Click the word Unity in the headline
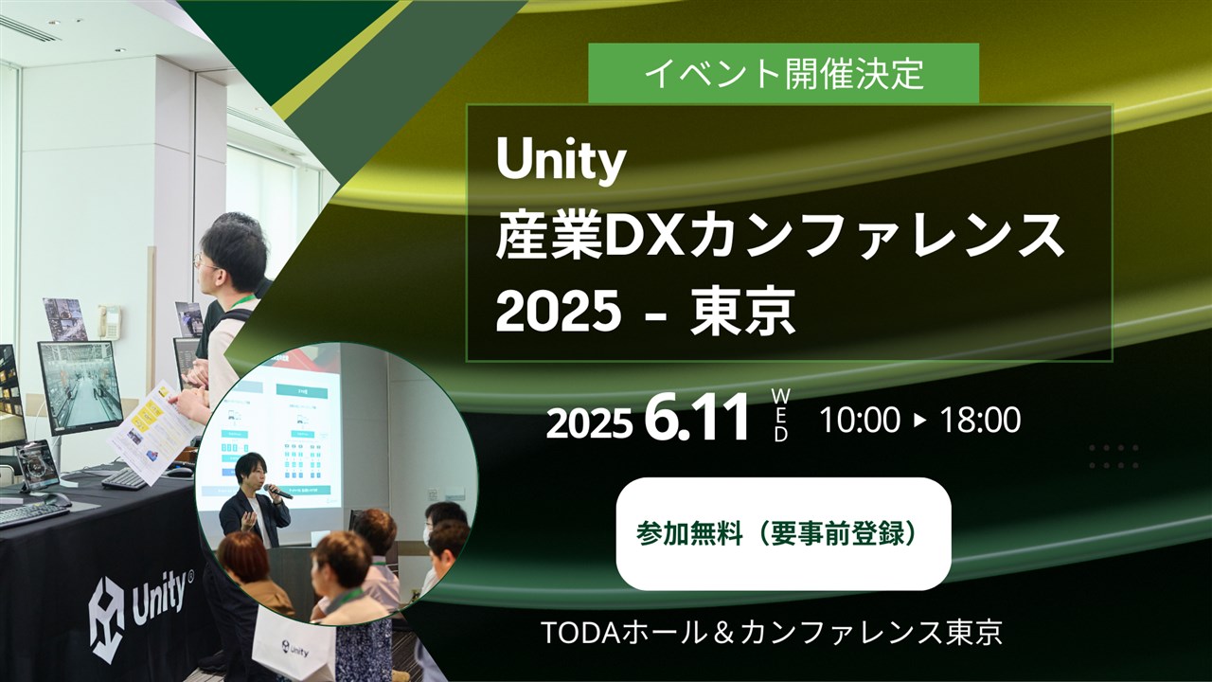(x=561, y=162)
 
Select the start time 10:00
(x=859, y=420)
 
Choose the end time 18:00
(x=980, y=420)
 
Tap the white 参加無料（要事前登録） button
(x=783, y=534)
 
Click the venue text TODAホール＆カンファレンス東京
(x=771, y=633)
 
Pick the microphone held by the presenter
(x=277, y=491)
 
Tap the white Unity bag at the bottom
(x=294, y=648)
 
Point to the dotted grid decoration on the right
(x=1114, y=457)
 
